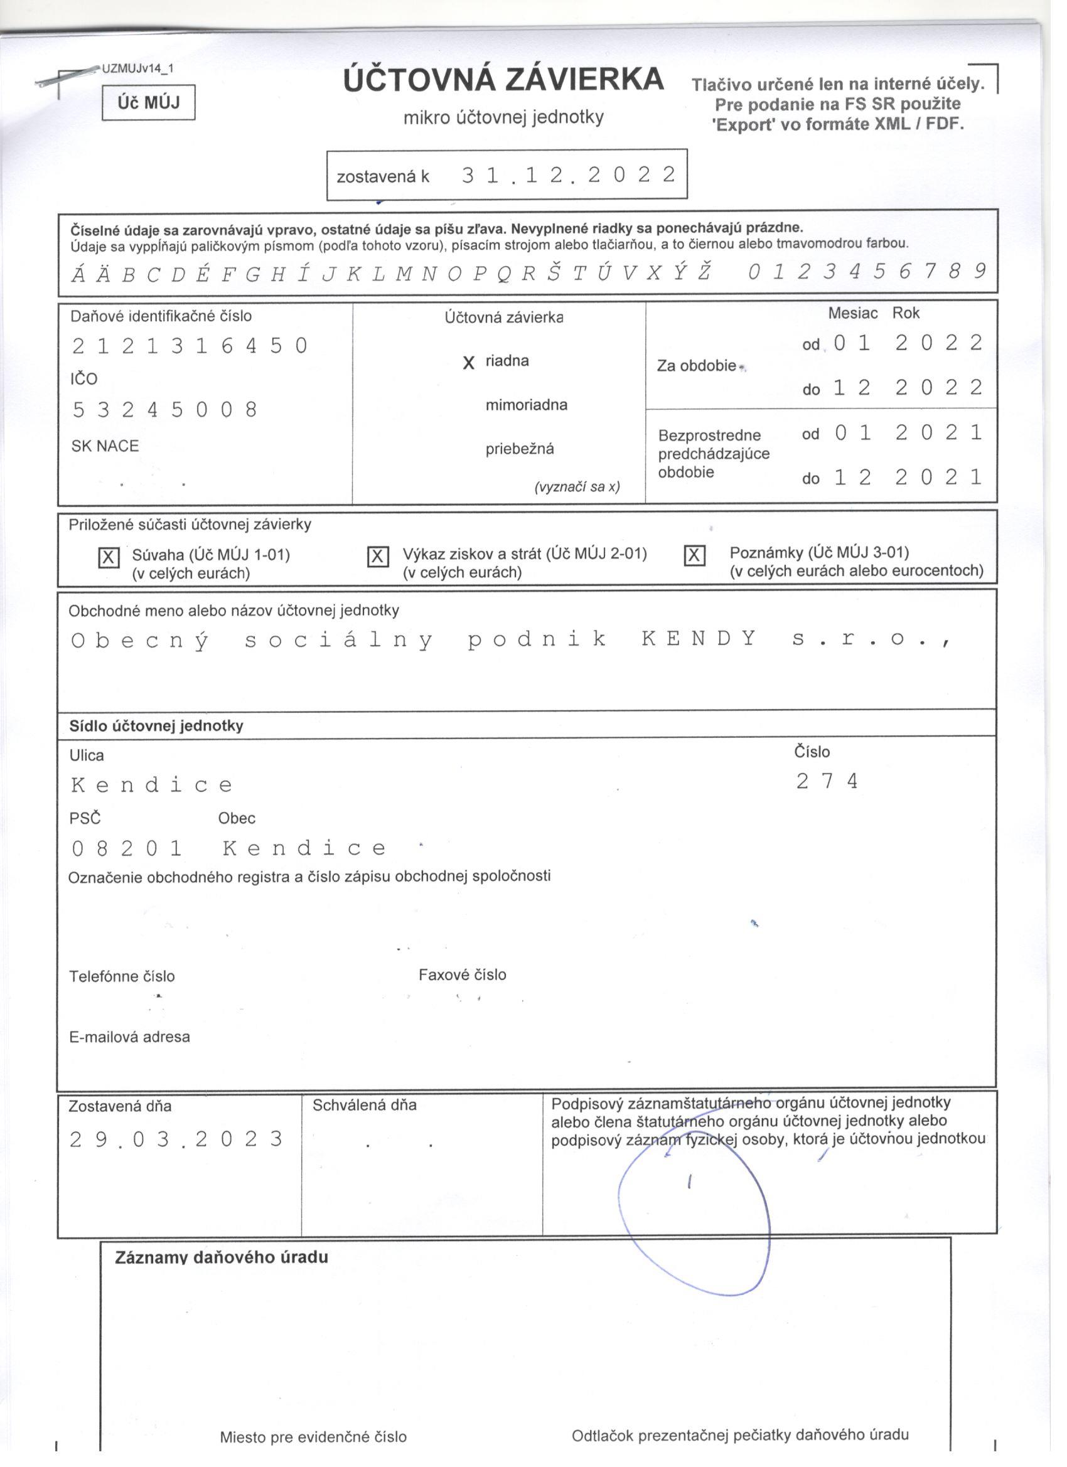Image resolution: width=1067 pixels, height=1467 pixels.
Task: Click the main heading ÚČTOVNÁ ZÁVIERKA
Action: tap(503, 80)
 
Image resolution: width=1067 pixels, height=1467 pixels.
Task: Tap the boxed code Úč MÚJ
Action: tap(148, 102)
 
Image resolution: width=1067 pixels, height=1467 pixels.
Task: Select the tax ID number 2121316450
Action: tap(190, 347)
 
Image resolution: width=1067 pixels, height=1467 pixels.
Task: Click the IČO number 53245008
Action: tap(165, 410)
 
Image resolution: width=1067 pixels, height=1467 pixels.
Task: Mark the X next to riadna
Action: tap(469, 363)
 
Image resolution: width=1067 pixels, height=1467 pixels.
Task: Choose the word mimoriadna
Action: tap(526, 405)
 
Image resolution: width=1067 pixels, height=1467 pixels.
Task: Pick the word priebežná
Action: tap(520, 449)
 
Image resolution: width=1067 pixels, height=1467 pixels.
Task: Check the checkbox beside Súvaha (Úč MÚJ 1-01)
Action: tap(109, 558)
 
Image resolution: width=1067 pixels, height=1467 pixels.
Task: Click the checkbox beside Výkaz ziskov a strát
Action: tap(378, 557)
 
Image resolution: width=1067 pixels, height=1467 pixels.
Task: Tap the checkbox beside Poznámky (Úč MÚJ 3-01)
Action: tap(694, 555)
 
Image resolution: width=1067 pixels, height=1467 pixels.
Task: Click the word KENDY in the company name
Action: tap(699, 639)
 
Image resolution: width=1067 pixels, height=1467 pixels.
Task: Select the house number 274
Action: tap(826, 781)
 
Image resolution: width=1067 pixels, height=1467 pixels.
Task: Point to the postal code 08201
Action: tap(127, 848)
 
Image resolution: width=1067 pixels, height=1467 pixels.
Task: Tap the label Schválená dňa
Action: tap(364, 1106)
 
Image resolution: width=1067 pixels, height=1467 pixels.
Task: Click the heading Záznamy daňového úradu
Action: tap(222, 1257)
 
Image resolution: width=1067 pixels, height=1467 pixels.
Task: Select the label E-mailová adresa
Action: tap(129, 1037)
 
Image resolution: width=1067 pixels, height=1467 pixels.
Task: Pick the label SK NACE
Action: tap(105, 446)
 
